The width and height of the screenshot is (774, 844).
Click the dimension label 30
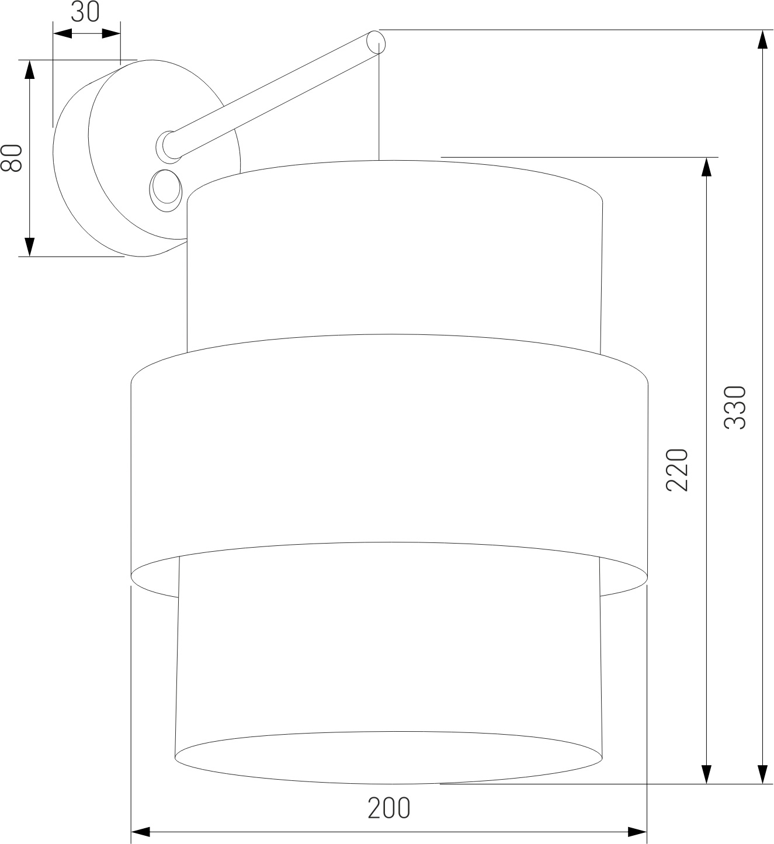click(x=85, y=12)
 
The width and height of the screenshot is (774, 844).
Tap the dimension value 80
click(x=11, y=158)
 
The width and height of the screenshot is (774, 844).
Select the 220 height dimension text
click(x=677, y=469)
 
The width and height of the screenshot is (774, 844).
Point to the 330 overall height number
click(x=735, y=407)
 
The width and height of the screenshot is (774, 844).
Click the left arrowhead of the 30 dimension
click(x=63, y=34)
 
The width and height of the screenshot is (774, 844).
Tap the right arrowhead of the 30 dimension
click(x=112, y=34)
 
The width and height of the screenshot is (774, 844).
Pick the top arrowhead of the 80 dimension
click(x=29, y=70)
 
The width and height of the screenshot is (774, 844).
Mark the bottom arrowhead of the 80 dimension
click(x=29, y=247)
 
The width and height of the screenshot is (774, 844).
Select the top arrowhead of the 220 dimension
click(x=707, y=167)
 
